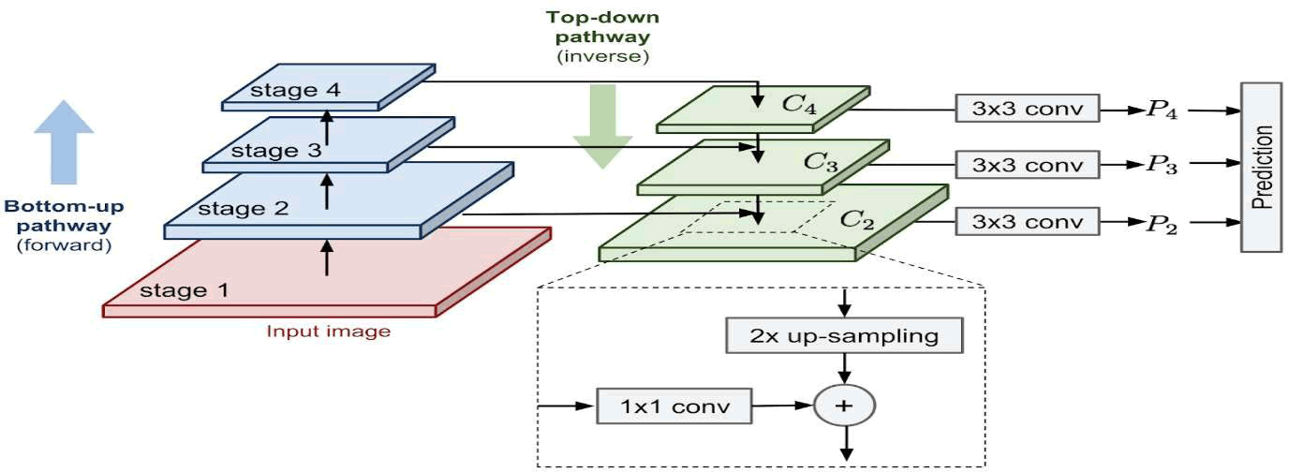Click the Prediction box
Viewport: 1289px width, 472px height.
pyautogui.click(x=1260, y=167)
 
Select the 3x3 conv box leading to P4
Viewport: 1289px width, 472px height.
pyautogui.click(x=1026, y=110)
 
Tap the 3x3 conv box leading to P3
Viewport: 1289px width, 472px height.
pyautogui.click(x=1026, y=165)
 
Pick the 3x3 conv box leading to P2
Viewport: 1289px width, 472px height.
pyautogui.click(x=1026, y=222)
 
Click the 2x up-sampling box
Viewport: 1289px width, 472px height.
pyautogui.click(x=844, y=336)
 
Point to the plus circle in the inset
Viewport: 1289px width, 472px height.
pyautogui.click(x=844, y=406)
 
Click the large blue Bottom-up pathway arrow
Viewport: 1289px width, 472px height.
pyautogui.click(x=64, y=140)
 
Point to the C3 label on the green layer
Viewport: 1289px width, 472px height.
pyautogui.click(x=821, y=161)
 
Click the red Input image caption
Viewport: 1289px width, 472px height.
pyautogui.click(x=328, y=331)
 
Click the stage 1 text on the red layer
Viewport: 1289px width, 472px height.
pyautogui.click(x=184, y=289)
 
